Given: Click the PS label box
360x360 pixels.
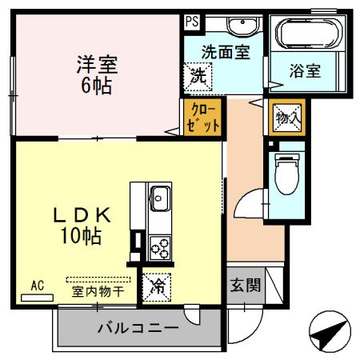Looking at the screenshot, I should point(191,22).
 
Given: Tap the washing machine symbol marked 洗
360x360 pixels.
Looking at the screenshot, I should point(197,78).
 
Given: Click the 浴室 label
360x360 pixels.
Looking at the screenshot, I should point(305,70).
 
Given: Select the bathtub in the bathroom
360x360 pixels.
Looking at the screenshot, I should point(308,34).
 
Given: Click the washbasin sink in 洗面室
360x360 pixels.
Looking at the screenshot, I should point(241,26).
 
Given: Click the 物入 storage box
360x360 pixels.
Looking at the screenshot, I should point(287,118).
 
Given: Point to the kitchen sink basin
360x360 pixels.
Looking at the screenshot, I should point(158,196).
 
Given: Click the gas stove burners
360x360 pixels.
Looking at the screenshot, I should point(158,246).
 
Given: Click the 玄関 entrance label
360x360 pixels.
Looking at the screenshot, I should point(245,286).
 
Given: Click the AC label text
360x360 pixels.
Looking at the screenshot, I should point(37,286).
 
